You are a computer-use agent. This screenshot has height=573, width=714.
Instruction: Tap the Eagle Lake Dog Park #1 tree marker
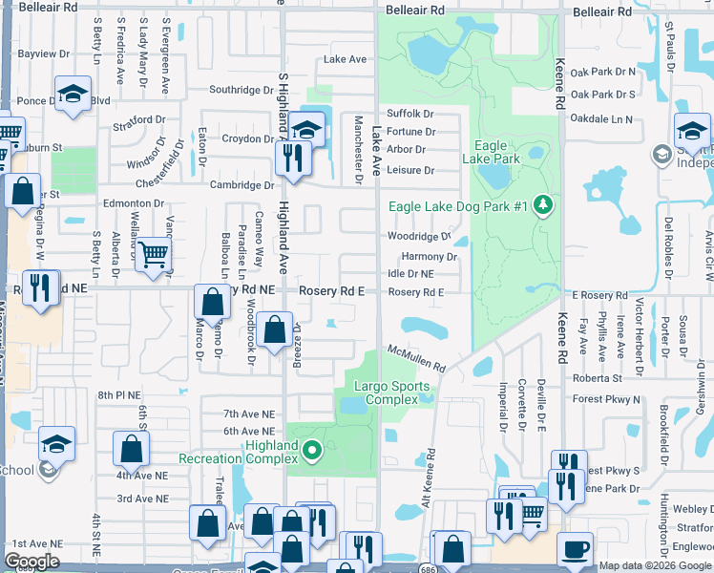(x=543, y=206)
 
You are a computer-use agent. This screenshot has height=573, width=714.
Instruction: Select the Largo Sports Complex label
(x=392, y=393)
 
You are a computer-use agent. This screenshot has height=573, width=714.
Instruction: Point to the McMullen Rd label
(x=416, y=359)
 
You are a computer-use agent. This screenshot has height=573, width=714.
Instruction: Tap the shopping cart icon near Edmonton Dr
(x=152, y=254)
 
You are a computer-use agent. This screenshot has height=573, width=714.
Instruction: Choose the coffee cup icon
(x=574, y=551)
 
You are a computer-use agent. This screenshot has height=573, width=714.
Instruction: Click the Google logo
(x=31, y=562)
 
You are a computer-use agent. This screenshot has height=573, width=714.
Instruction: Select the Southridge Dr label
(x=241, y=90)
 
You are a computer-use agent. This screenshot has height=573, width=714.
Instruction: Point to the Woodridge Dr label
(x=419, y=237)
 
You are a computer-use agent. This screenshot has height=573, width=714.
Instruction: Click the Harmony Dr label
(x=430, y=257)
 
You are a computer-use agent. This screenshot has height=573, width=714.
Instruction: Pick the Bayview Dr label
(x=37, y=54)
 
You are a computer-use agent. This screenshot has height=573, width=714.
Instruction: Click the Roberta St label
(x=598, y=377)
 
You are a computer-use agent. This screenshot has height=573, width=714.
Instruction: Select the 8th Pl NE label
(x=118, y=394)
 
